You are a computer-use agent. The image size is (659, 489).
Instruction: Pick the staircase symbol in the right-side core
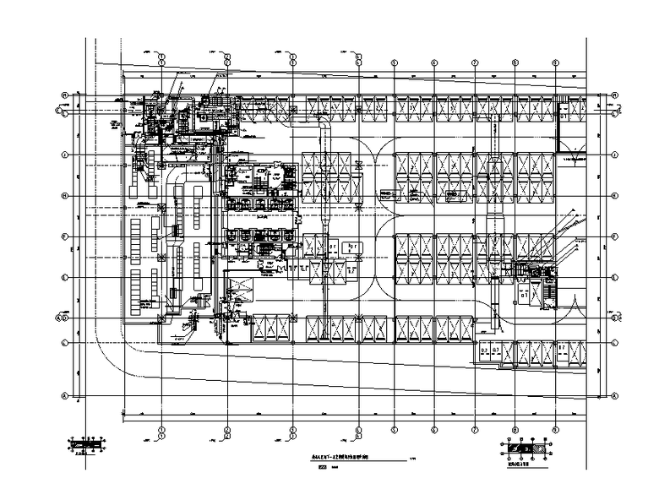coord(550,291)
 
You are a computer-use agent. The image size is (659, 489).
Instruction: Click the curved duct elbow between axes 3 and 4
coord(325,127)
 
